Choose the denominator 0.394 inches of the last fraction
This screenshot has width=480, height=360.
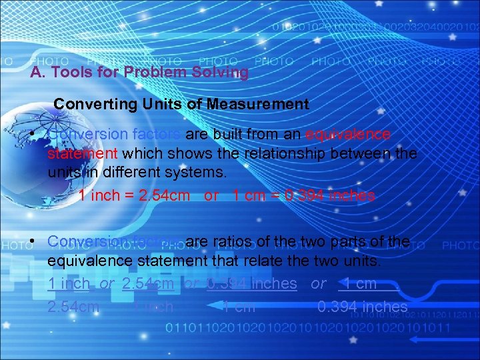click(362, 307)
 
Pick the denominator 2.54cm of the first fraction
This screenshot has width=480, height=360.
click(74, 307)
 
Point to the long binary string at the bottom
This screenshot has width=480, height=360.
click(307, 328)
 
